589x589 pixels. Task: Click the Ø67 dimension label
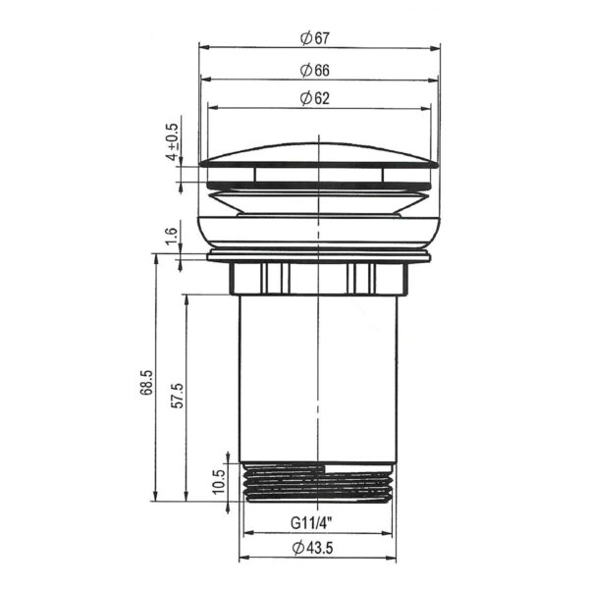[x=315, y=38]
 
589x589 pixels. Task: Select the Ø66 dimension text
[x=315, y=71]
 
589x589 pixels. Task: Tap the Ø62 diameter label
[x=315, y=98]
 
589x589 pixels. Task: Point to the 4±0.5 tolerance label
[x=173, y=141]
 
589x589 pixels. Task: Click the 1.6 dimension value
[x=171, y=236]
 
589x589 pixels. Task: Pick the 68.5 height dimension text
[x=146, y=382]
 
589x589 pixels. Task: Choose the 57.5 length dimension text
[x=177, y=396]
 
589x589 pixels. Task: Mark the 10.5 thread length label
[x=218, y=482]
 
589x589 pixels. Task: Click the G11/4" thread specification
[x=312, y=523]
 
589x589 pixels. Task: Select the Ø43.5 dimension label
[x=313, y=548]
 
